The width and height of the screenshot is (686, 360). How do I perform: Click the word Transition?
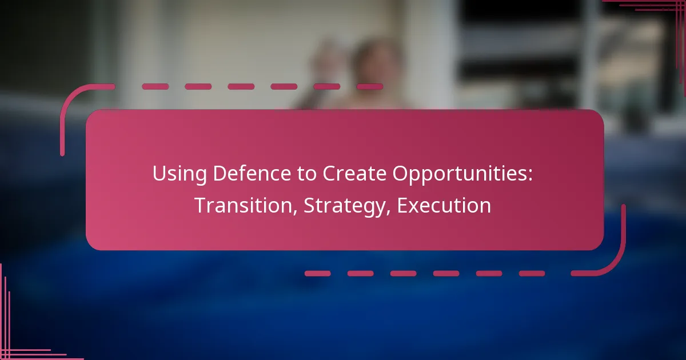point(244,206)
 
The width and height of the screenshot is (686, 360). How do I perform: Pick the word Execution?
point(444,206)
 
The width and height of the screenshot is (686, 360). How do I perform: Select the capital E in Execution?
point(402,206)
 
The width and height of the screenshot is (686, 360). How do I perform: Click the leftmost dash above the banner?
point(155,87)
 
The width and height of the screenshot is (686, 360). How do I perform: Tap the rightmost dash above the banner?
point(369,87)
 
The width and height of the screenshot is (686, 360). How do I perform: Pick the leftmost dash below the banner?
point(317,273)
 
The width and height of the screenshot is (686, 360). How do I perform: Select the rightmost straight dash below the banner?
point(532,273)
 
